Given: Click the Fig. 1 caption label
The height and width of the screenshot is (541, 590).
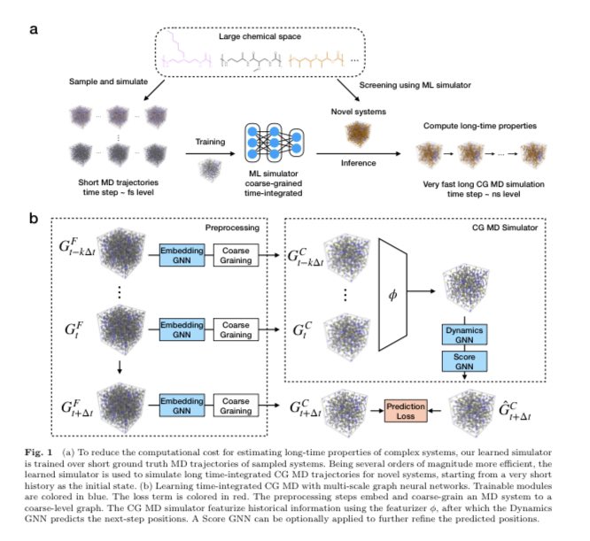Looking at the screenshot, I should click(x=45, y=452).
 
